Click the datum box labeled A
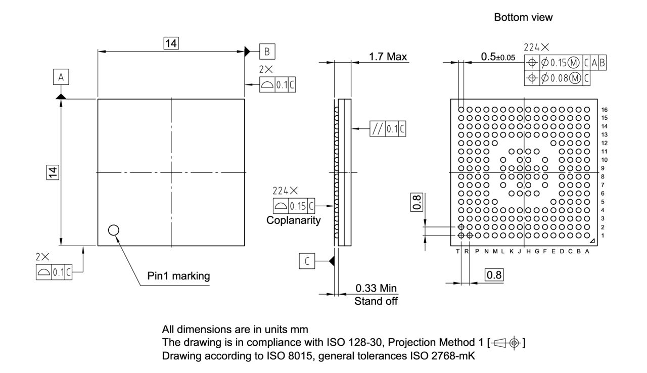[61, 77]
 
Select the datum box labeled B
[267, 51]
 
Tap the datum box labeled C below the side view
[307, 261]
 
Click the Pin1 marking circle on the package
[114, 230]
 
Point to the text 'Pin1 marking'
[178, 276]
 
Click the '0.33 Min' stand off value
[376, 289]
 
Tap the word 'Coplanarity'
[294, 220]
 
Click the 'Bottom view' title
[523, 18]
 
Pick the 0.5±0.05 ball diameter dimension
[497, 57]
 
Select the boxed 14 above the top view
[171, 43]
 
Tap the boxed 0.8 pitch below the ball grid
[494, 275]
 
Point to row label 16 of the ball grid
[605, 109]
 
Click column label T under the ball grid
[458, 251]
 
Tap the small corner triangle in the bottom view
[592, 241]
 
